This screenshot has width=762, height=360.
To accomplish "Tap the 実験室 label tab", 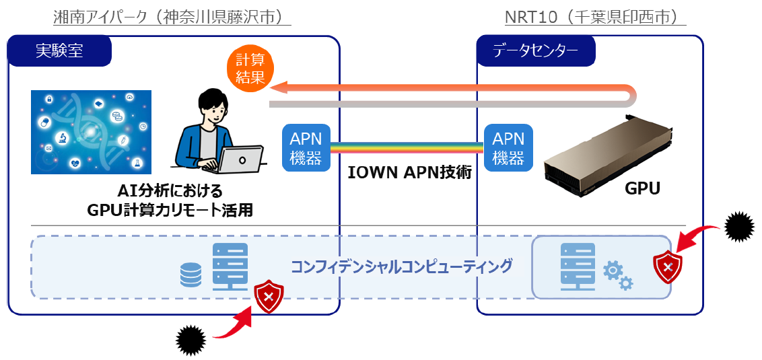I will (x=59, y=50).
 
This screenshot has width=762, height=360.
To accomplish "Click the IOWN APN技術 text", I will (x=409, y=172).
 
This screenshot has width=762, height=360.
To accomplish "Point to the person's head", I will (x=213, y=107).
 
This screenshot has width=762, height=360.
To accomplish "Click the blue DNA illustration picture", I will (x=91, y=132).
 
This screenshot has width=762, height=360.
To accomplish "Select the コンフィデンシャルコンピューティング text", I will (x=401, y=266).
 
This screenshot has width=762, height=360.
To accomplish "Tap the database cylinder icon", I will (x=191, y=275).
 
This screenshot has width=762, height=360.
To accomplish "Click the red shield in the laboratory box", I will (x=269, y=297).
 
